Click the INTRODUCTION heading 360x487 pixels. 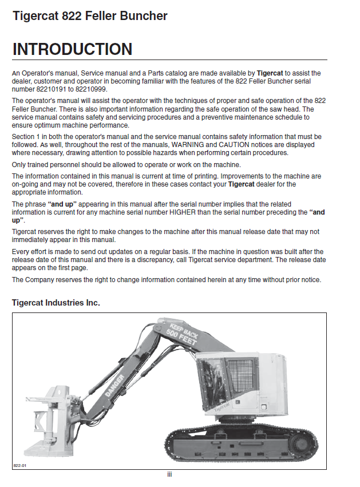pos(72,49)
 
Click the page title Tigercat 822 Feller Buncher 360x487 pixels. pos(90,16)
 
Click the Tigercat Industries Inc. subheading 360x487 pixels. pos(56,302)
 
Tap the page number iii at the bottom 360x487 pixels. pos(169,474)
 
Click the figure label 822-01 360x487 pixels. pos(20,465)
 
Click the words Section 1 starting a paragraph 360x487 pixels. pos(26,137)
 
